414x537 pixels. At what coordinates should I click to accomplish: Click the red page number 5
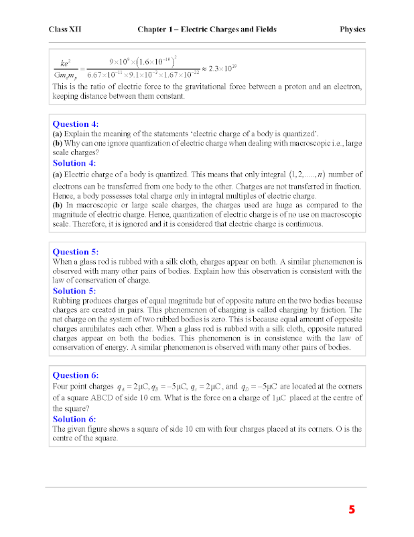point(352,509)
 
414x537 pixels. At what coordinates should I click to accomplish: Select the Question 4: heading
point(75,124)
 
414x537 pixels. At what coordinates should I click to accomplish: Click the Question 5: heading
point(75,252)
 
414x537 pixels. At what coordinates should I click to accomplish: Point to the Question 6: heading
point(75,375)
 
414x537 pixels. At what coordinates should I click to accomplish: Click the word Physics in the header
point(352,30)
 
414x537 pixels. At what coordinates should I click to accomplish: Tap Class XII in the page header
point(65,30)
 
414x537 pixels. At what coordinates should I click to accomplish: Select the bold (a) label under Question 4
point(57,134)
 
